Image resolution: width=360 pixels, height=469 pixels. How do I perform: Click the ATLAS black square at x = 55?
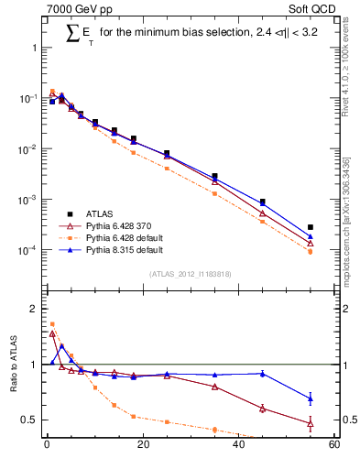pyautogui.click(x=311, y=227)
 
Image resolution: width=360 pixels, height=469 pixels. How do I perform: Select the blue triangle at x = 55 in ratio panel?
pyautogui.click(x=311, y=398)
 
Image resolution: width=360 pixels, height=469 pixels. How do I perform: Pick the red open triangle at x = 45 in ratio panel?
pyautogui.click(x=263, y=408)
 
